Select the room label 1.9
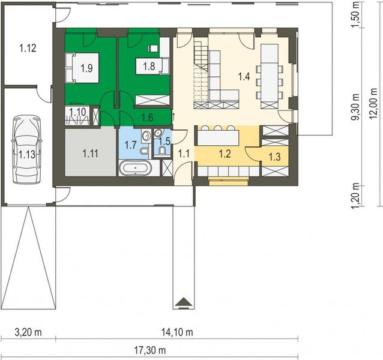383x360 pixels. tap(86, 68)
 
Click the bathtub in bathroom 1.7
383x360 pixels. tap(135, 168)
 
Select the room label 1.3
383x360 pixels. tap(274, 157)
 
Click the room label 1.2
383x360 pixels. tap(225, 154)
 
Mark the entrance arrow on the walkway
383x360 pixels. tap(183, 301)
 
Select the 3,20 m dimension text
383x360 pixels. tap(27, 332)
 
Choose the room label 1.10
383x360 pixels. tap(77, 111)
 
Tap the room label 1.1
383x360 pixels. tap(184, 154)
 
